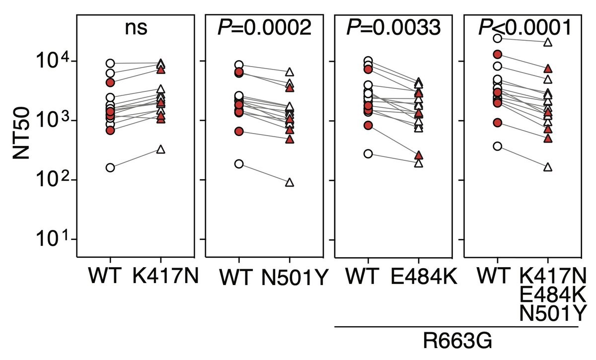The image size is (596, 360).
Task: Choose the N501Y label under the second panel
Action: pyautogui.click(x=294, y=278)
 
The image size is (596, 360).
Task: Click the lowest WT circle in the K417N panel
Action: pyautogui.click(x=110, y=167)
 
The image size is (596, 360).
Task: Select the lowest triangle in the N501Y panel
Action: pyautogui.click(x=290, y=183)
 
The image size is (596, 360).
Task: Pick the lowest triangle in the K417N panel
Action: pyautogui.click(x=161, y=149)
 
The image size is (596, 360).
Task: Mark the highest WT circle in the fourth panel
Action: pyautogui.click(x=497, y=38)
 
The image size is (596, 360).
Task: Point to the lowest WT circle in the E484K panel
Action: pyautogui.click(x=368, y=154)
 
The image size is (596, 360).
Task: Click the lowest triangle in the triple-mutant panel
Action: pyautogui.click(x=548, y=167)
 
